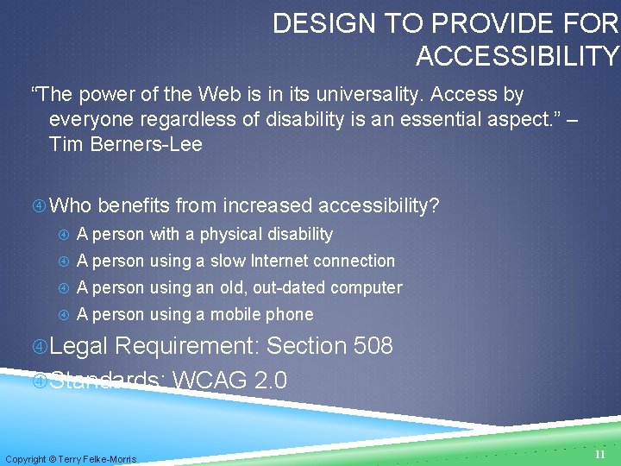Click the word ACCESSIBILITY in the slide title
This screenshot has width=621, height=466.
(517, 56)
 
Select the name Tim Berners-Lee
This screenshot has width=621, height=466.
(126, 144)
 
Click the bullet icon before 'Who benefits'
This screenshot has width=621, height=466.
(39, 206)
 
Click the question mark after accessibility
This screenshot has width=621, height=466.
(434, 205)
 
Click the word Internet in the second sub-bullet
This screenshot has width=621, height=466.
(280, 261)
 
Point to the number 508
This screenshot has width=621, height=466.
(373, 346)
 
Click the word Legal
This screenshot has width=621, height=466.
(78, 346)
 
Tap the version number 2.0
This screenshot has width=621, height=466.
(271, 380)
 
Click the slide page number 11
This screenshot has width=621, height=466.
(599, 454)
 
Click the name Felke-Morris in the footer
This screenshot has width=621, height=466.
(110, 459)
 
